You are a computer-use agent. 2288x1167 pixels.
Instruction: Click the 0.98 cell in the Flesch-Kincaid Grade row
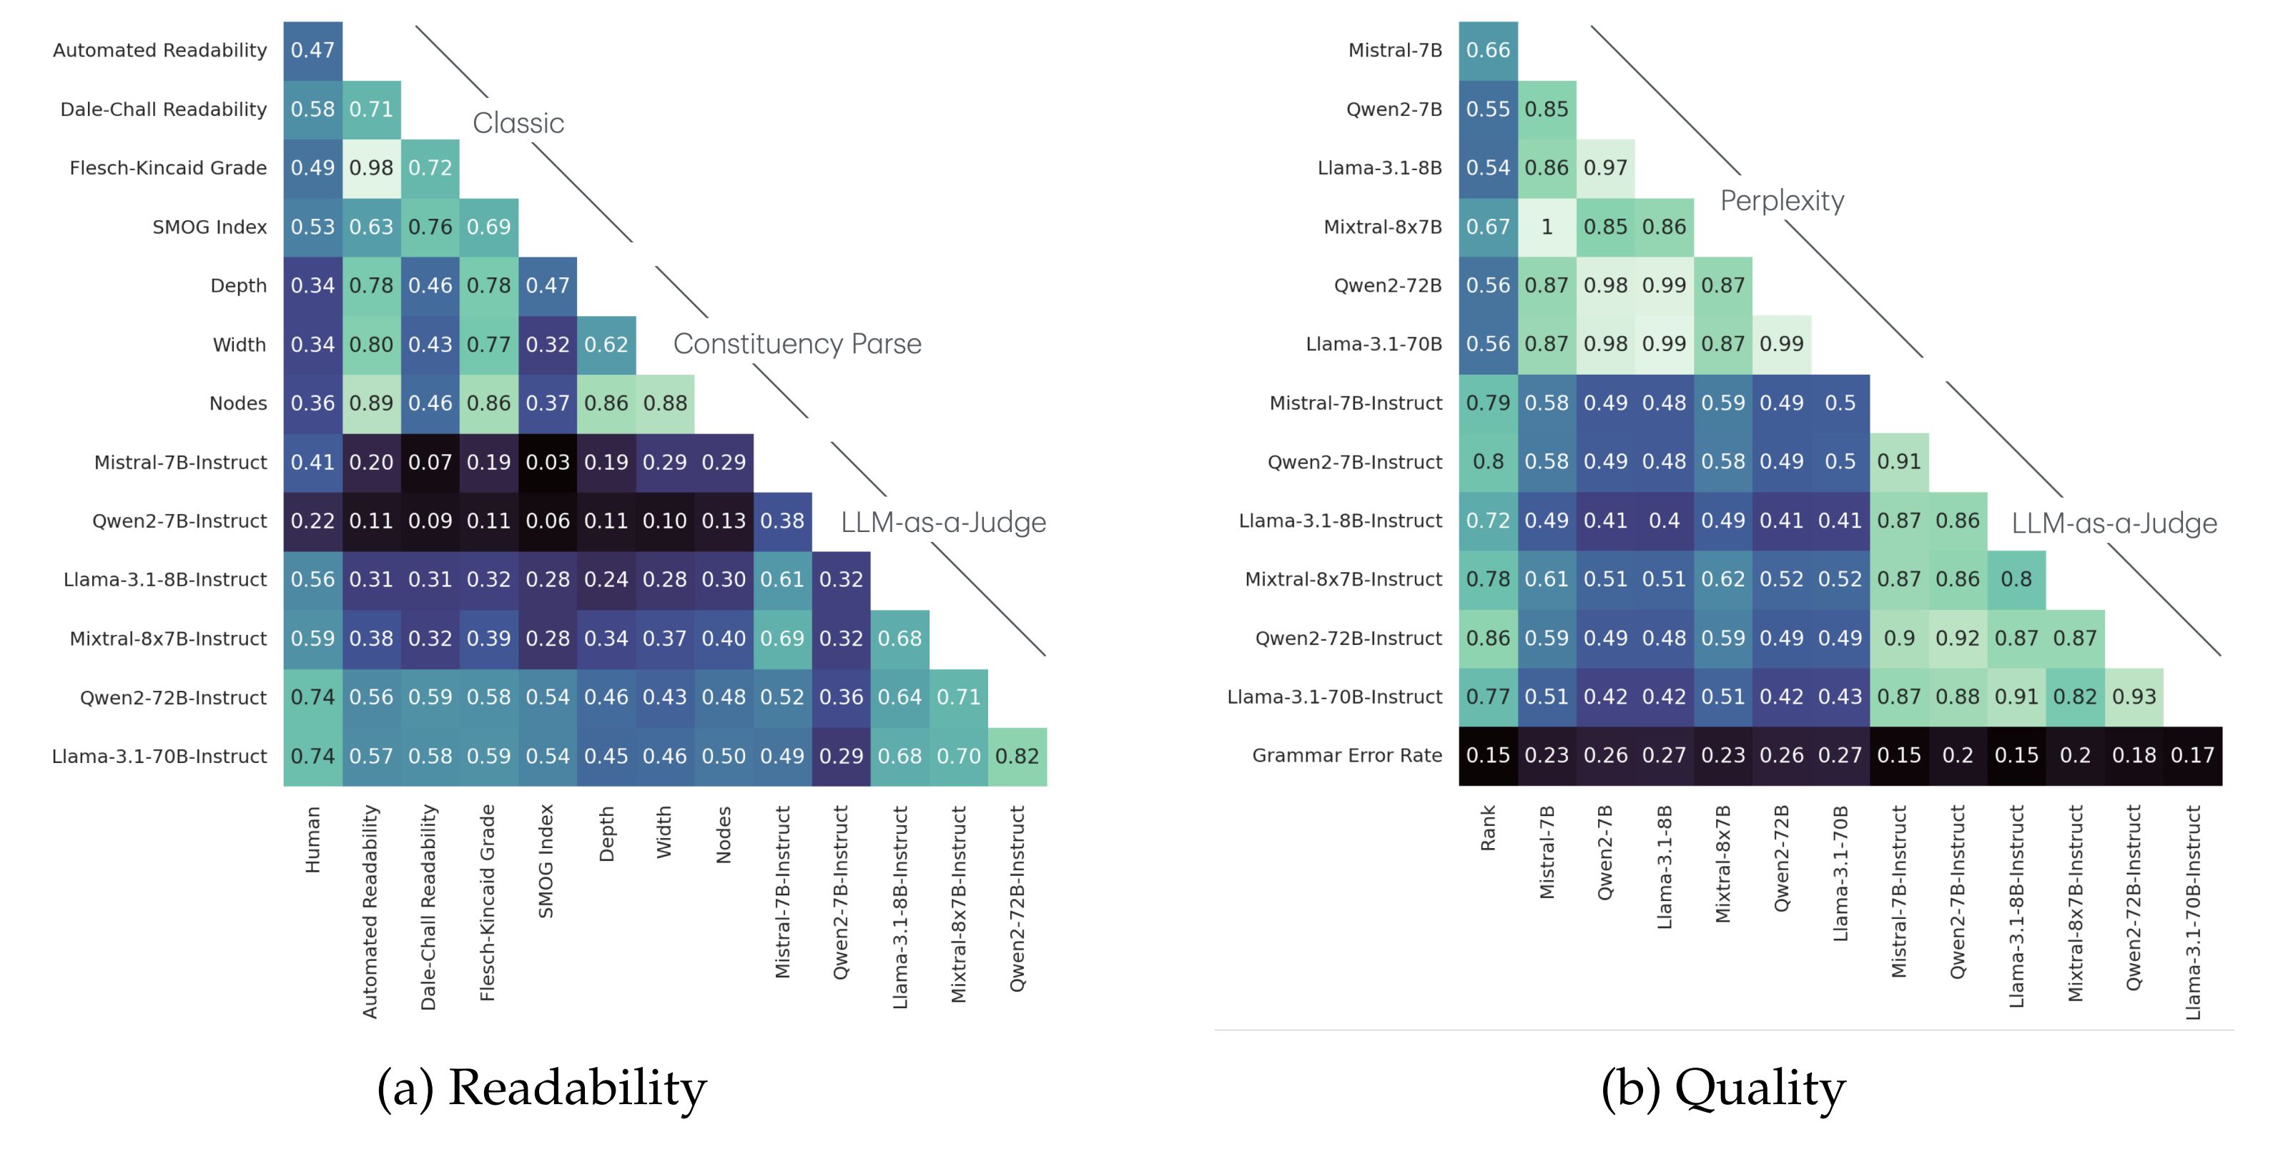click(371, 168)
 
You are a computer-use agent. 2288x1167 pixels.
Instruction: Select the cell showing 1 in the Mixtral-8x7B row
click(1547, 227)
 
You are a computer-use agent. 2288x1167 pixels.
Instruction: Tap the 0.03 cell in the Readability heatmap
click(547, 462)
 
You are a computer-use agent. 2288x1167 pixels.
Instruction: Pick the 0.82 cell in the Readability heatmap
click(1017, 756)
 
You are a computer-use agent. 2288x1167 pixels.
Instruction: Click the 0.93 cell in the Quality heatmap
click(2134, 697)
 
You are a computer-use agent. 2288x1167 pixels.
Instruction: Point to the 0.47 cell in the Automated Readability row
click(312, 51)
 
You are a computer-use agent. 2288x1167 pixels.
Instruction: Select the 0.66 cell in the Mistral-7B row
click(1488, 51)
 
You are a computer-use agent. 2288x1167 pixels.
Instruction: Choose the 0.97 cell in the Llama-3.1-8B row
click(1605, 168)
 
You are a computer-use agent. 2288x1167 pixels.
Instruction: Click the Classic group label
click(518, 122)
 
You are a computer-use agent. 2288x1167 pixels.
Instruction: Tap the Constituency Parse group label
click(797, 344)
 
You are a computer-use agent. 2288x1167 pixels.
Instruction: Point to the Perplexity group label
click(1782, 201)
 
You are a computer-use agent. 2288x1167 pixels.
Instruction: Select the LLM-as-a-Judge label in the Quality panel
click(2114, 523)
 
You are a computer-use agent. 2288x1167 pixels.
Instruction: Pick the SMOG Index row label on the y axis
click(209, 227)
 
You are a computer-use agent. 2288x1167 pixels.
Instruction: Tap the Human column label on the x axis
click(312, 839)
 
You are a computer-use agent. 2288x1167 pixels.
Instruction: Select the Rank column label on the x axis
click(1488, 828)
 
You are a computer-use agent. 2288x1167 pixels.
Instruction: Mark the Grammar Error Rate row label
click(1346, 756)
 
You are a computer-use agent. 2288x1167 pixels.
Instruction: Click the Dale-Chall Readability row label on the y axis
click(164, 109)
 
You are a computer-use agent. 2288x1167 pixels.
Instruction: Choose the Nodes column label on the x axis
click(724, 834)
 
